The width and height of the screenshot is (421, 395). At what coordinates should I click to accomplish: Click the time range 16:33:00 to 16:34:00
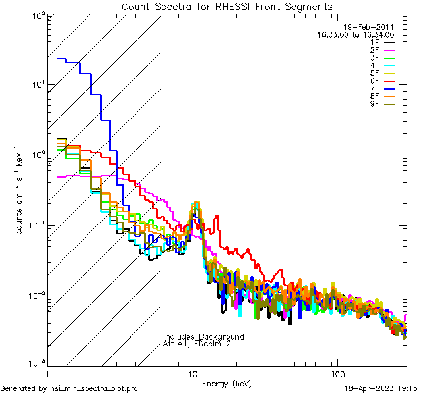(x=356, y=34)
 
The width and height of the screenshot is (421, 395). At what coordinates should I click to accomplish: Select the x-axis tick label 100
(x=337, y=373)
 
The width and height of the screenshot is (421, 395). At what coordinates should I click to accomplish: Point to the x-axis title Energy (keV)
(x=227, y=383)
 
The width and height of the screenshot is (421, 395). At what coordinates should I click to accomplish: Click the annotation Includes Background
(x=204, y=336)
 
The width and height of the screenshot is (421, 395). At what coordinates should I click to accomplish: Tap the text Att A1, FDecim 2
(x=197, y=344)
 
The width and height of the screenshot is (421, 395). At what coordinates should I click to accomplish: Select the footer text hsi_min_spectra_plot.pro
(x=94, y=388)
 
